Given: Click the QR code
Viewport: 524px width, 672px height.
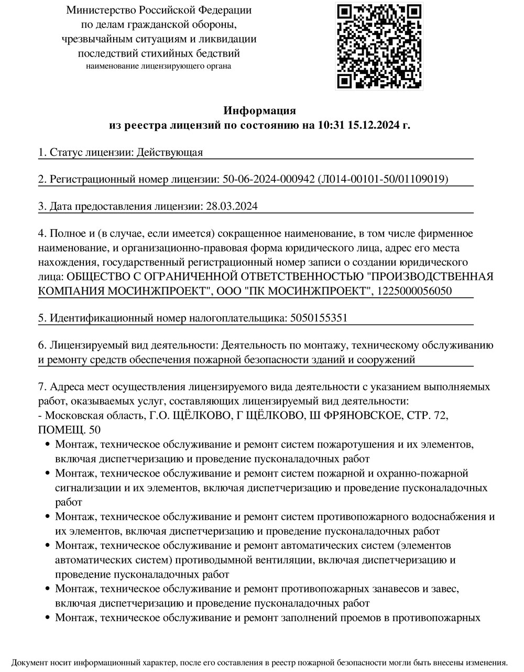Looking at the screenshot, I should click(x=378, y=46).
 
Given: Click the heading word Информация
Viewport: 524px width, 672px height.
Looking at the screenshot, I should click(x=259, y=111).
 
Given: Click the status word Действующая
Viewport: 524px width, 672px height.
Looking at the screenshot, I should click(x=169, y=152).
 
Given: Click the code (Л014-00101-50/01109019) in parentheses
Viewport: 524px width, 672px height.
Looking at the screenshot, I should click(x=383, y=179).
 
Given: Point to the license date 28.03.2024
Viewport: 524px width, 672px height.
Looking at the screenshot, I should click(x=232, y=207).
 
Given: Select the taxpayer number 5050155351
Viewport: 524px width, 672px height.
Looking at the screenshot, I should click(x=319, y=318).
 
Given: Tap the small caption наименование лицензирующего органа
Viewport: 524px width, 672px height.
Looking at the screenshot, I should click(x=158, y=66).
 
